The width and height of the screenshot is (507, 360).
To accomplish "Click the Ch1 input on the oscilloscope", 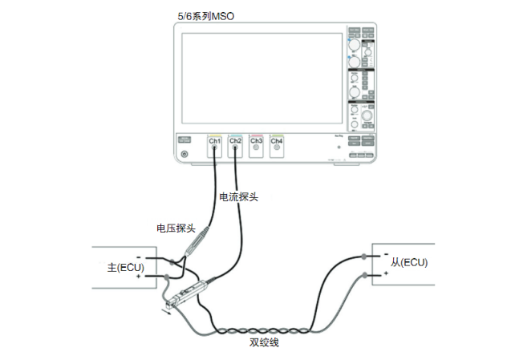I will (214, 144).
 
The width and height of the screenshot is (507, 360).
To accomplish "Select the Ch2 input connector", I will (235, 144).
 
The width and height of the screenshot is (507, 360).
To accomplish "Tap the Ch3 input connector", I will (256, 144).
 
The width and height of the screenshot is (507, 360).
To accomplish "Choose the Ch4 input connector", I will (277, 144).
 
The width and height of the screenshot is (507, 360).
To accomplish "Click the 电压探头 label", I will (176, 228).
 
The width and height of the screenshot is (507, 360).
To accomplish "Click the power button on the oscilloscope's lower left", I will (185, 154).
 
